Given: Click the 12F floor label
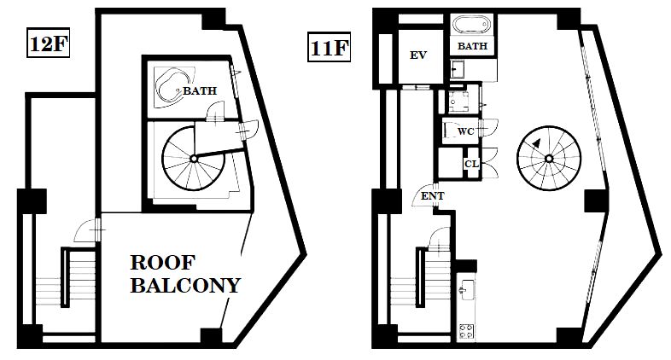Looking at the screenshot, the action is click(x=49, y=44).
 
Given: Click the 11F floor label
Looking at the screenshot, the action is click(x=329, y=48).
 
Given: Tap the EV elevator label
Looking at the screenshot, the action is click(x=418, y=55).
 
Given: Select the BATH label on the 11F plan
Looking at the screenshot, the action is click(x=472, y=46).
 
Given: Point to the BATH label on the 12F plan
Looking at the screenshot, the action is click(x=200, y=90).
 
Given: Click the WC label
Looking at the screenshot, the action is click(x=465, y=131).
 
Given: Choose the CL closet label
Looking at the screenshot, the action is click(x=471, y=164).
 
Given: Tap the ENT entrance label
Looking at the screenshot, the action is click(x=433, y=196).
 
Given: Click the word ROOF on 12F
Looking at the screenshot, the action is click(x=162, y=263).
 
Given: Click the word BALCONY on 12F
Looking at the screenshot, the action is click(x=186, y=285).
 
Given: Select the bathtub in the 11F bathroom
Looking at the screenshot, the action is click(x=472, y=26).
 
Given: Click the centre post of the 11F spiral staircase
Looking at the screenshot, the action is click(x=549, y=159).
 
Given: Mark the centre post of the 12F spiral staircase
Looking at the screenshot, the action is click(x=194, y=159).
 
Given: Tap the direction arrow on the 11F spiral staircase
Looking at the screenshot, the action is click(x=536, y=142).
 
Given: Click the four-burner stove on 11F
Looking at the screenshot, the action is click(x=466, y=331).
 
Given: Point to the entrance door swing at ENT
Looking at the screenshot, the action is click(x=423, y=196).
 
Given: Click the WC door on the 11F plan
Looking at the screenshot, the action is click(x=487, y=127).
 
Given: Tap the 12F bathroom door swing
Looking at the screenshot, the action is click(x=215, y=110).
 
